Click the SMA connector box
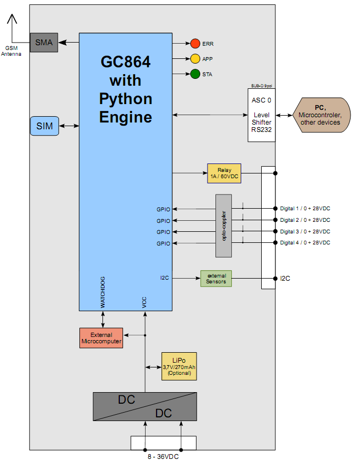pyautogui.click(x=44, y=42)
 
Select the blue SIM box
pyautogui.click(x=45, y=126)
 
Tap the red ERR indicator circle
pyautogui.click(x=195, y=44)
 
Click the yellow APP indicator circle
pyautogui.click(x=195, y=59)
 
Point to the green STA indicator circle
pyautogui.click(x=195, y=74)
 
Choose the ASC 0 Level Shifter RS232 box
pyautogui.click(x=262, y=115)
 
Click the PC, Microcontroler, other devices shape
pyautogui.click(x=321, y=115)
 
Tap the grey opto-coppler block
pyautogui.click(x=223, y=226)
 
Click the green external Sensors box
pyautogui.click(x=216, y=279)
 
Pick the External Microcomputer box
pyautogui.click(x=101, y=338)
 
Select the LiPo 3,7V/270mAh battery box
pyautogui.click(x=179, y=366)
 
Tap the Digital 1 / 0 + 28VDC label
pyautogui.click(x=305, y=209)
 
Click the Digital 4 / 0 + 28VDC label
pyautogui.click(x=305, y=243)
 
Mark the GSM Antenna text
pyautogui.click(x=11, y=51)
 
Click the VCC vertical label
pyautogui.click(x=145, y=302)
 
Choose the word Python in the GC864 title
pyautogui.click(x=126, y=99)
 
